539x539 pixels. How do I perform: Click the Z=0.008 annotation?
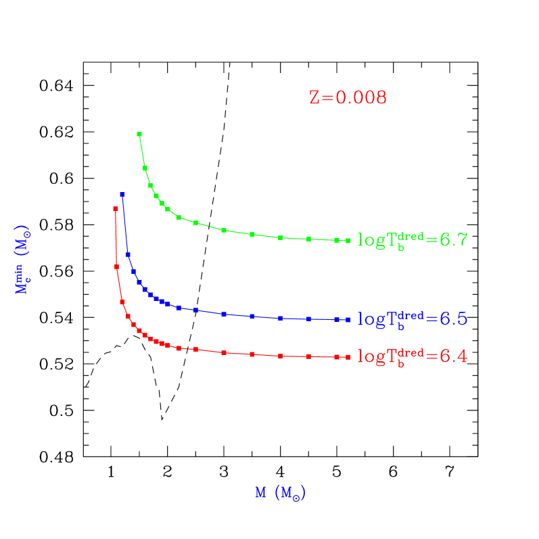348,97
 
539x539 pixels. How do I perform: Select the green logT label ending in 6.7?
413,239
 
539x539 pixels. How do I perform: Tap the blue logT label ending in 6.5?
413,319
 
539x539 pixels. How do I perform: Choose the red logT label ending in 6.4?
413,356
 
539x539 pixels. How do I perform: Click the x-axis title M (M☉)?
281,493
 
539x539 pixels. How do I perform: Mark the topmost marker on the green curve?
139,134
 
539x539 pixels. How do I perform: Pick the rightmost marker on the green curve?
348,240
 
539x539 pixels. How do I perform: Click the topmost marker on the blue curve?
122,194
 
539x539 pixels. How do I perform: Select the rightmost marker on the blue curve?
348,320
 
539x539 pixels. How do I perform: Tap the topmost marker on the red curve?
115,208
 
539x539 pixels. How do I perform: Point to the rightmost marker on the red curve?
348,356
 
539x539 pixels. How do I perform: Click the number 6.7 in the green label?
454,239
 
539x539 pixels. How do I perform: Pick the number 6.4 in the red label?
454,356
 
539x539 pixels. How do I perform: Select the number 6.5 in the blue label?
454,319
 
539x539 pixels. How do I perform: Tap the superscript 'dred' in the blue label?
411,314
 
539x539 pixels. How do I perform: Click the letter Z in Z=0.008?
314,97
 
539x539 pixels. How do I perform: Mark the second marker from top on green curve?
145,168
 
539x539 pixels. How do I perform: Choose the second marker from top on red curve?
116,266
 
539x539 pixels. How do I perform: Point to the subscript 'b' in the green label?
401,247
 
